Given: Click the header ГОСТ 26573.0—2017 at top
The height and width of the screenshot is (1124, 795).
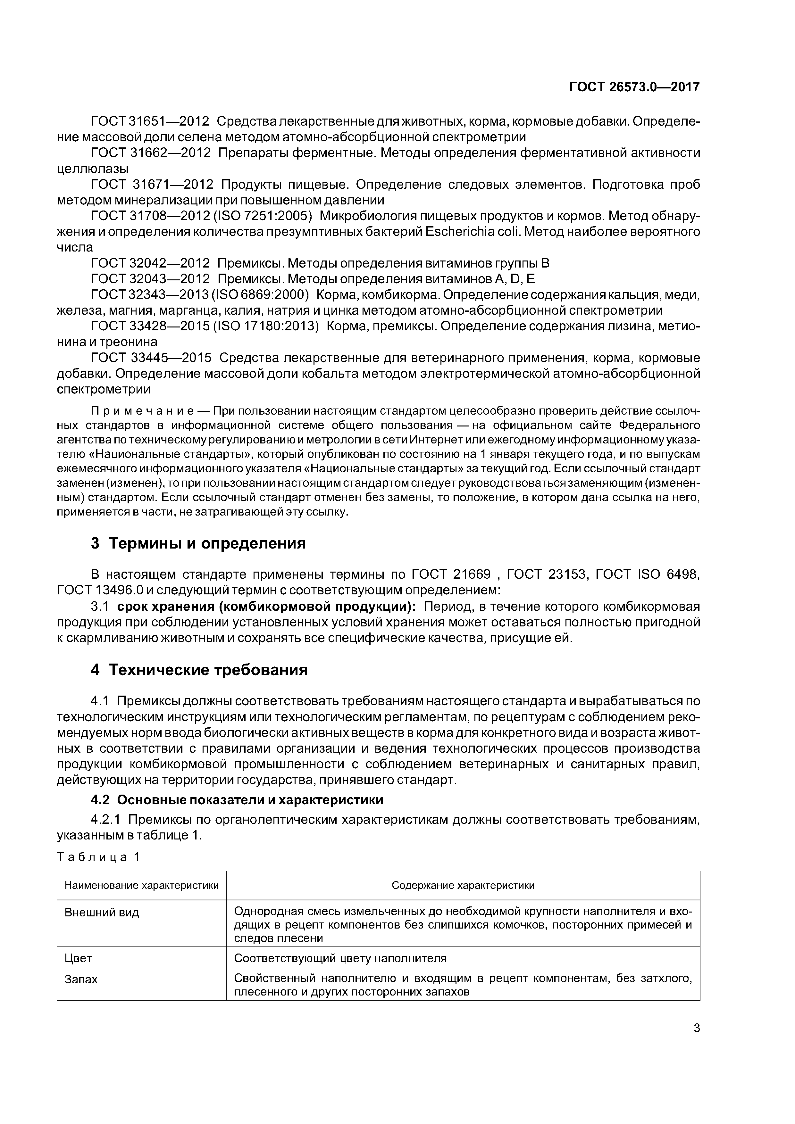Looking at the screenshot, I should (x=634, y=87).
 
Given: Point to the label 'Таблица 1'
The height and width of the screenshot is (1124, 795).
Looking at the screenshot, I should (x=98, y=857).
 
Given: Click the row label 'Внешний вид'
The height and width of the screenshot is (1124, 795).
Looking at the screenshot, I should (x=102, y=913).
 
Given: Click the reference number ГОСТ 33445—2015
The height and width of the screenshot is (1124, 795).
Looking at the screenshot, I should (x=151, y=358).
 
